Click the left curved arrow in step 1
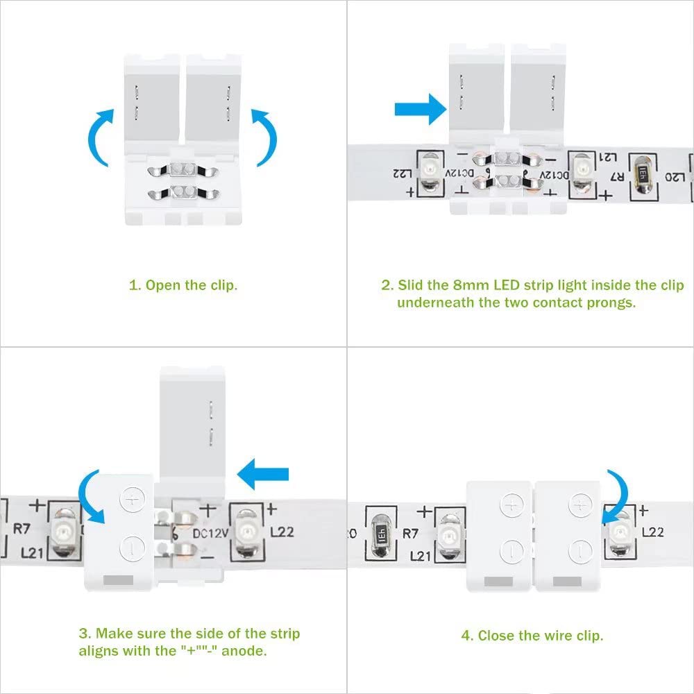click(x=97, y=135)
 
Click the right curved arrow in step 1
click(x=266, y=135)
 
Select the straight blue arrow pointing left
click(x=263, y=474)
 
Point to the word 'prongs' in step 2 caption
click(x=613, y=303)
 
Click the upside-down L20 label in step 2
click(x=673, y=178)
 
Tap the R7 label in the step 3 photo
click(x=21, y=527)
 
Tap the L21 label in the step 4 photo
click(x=421, y=556)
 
